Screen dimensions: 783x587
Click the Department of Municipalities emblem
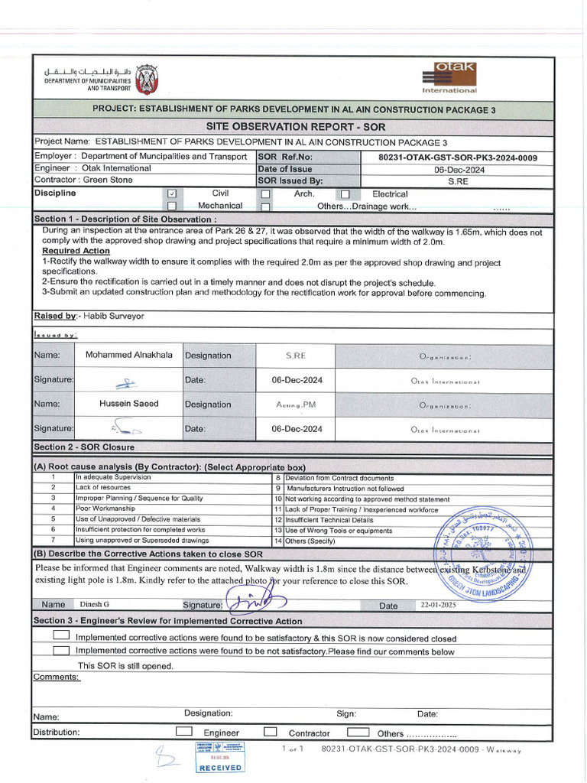point(146,78)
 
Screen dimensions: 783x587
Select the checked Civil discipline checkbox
point(172,194)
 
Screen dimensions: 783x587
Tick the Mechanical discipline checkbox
point(172,206)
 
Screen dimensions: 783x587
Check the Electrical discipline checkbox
point(345,194)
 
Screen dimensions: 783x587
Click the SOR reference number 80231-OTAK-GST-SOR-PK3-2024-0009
point(457,158)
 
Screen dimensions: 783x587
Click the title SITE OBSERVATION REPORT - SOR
point(297,126)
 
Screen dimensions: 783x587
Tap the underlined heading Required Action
point(76,251)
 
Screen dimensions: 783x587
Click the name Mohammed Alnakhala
point(128,355)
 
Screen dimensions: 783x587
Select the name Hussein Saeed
point(128,404)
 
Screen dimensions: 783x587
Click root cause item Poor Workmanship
point(105,508)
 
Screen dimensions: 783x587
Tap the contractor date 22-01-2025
point(437,605)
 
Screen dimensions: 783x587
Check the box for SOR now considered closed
point(61,636)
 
